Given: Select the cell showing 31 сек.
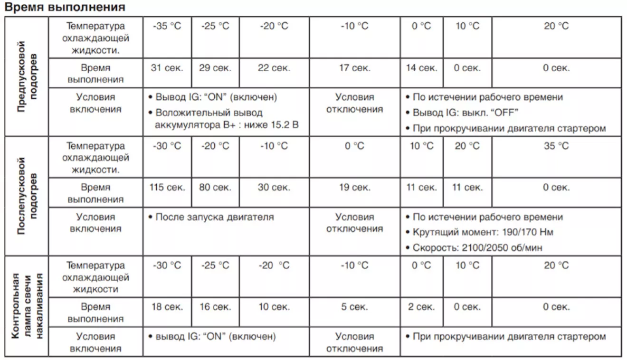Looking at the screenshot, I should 167,68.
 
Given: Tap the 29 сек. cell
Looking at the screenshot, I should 215,68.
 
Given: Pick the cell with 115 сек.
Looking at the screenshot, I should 167,188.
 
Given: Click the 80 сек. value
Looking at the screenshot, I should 215,188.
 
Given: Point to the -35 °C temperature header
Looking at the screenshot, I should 167,26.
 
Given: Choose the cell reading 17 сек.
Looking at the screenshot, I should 354,68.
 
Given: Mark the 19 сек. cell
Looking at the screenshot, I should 354,188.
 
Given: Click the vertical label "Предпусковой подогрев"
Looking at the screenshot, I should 27,76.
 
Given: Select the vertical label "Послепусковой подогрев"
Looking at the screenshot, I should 27,196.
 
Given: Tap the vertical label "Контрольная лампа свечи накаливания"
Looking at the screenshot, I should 27,306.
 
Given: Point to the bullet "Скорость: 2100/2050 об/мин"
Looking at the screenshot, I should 477,247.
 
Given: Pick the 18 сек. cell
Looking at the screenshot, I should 167,307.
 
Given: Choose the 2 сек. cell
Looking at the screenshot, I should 421,307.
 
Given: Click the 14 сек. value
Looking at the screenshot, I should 421,68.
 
